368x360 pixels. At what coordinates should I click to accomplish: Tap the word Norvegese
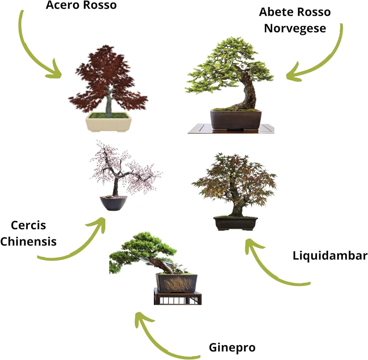point(294,28)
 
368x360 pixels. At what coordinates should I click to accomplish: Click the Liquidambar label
point(330,255)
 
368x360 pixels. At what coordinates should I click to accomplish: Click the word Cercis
point(28,225)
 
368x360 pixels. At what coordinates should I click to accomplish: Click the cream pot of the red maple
point(108,123)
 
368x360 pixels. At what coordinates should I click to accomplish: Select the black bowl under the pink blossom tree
point(113,203)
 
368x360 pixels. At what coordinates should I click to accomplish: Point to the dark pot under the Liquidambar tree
point(236,223)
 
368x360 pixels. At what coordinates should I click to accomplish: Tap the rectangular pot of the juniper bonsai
point(177,283)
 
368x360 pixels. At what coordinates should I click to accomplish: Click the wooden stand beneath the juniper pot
point(177,299)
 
